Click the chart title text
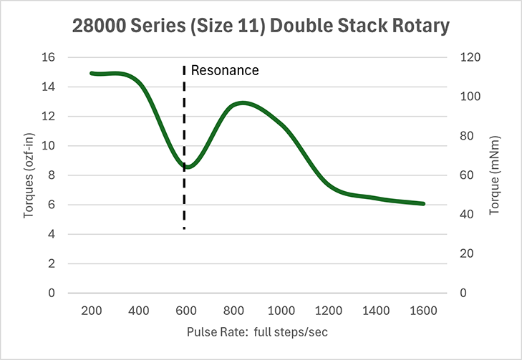point(261,26)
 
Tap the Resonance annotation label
point(225,71)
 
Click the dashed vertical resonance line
point(185,200)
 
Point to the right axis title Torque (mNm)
point(493,175)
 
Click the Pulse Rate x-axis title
point(258,333)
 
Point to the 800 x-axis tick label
point(234,311)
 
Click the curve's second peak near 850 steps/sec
point(243,103)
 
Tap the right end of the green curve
point(424,204)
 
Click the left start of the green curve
point(92,73)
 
